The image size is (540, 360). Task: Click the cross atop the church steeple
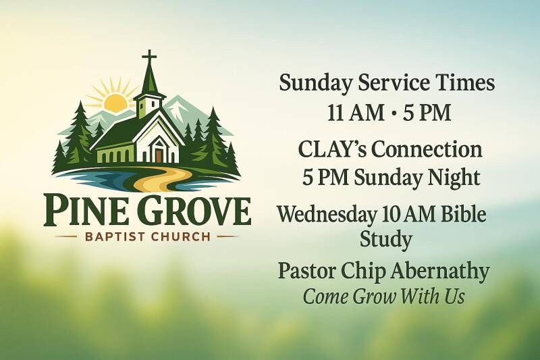point(149,58)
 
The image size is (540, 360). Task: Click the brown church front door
point(159,155)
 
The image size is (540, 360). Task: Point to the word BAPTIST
point(113,237)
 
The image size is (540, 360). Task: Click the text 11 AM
point(356,113)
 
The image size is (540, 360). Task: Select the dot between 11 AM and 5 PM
point(394,113)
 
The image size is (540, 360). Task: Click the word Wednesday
point(327,214)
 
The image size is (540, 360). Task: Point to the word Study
point(385,239)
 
